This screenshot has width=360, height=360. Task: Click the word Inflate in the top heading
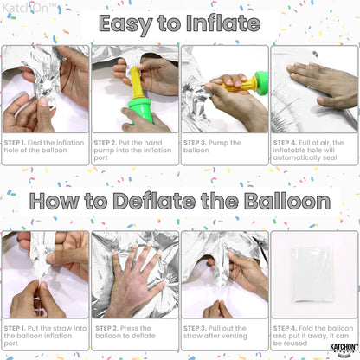pos(223,23)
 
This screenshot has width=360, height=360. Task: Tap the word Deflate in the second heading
pos(154,201)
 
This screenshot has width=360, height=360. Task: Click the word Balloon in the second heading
pos(287,201)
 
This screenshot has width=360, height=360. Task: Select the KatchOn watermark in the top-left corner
pos(29,8)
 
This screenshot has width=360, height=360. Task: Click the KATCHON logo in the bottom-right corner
pos(344,349)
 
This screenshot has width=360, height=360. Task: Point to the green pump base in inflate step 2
pos(140,110)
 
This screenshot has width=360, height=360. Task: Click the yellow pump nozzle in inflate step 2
pos(137,83)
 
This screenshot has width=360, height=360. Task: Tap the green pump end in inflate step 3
pos(261,83)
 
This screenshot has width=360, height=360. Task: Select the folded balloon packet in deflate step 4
pos(313,274)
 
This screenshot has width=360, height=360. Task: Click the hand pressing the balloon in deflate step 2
pos(136,283)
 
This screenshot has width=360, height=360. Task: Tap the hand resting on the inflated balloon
pos(323,85)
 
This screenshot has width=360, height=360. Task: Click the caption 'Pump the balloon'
pos(212,146)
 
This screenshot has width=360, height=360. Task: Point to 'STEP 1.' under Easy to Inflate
pos(15,143)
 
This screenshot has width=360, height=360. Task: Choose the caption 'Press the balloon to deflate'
pos(125,332)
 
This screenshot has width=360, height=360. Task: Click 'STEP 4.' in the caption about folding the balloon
pos(285,328)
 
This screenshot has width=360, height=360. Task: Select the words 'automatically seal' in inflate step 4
pos(305,157)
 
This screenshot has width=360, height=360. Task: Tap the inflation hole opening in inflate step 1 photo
pos(47,86)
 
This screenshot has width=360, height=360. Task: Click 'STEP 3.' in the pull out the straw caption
pos(195,328)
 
